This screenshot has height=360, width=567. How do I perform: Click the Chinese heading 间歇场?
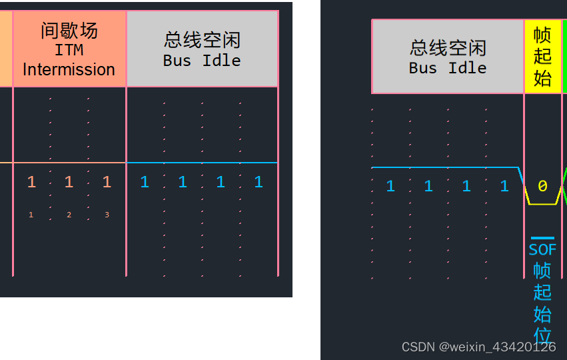[x=69, y=31]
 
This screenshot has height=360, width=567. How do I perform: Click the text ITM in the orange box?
[x=69, y=50]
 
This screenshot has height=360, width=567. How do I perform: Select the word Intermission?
[x=69, y=69]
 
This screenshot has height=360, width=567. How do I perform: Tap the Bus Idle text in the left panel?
[x=202, y=60]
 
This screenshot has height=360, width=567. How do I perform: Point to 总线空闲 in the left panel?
[x=202, y=40]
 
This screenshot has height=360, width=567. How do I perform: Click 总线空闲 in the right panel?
[x=448, y=48]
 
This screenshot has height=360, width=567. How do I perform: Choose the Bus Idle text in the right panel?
[x=448, y=68]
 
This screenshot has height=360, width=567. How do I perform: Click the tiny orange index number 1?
[x=31, y=215]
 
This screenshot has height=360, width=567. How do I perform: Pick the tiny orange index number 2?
[x=69, y=215]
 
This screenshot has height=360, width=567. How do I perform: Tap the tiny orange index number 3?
[x=107, y=215]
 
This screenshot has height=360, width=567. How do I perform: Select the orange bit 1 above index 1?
[x=31, y=182]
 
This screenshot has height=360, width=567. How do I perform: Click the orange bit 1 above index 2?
[x=69, y=182]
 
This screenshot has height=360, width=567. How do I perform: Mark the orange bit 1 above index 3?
[x=107, y=182]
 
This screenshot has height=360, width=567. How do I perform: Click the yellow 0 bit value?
[x=542, y=187]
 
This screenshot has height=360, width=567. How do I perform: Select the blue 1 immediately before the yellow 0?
[x=504, y=187]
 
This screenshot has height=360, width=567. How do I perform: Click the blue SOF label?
[x=542, y=250]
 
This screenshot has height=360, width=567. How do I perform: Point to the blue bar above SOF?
[x=542, y=238]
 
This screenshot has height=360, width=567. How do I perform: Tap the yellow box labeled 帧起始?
[x=543, y=57]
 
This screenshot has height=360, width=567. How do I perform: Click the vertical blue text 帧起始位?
[x=542, y=303]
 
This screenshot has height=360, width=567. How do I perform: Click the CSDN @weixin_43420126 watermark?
[x=478, y=347]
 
